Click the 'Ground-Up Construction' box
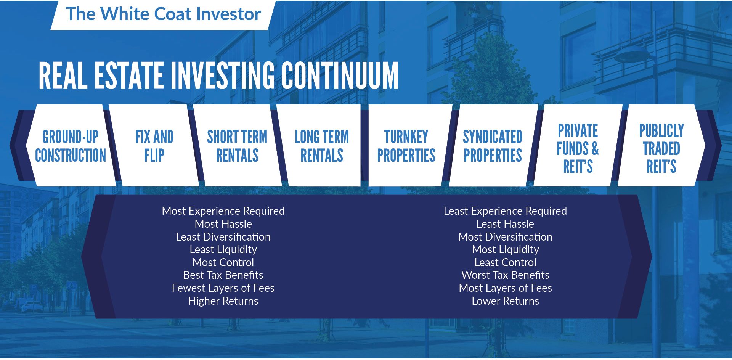(71, 146)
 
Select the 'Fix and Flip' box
(154, 146)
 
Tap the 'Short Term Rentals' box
(237, 146)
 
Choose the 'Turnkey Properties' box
(406, 146)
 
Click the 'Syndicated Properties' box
(493, 146)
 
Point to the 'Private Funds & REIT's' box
(578, 146)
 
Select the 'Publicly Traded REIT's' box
(661, 146)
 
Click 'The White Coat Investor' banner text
(163, 14)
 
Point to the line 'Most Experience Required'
(223, 211)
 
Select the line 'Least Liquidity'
(223, 249)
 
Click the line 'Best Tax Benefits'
(223, 275)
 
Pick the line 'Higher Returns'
(223, 301)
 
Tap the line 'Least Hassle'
(506, 224)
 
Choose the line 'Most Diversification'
(506, 237)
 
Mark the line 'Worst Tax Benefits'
(506, 275)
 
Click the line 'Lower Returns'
(506, 301)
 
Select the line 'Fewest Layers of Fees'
(223, 288)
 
